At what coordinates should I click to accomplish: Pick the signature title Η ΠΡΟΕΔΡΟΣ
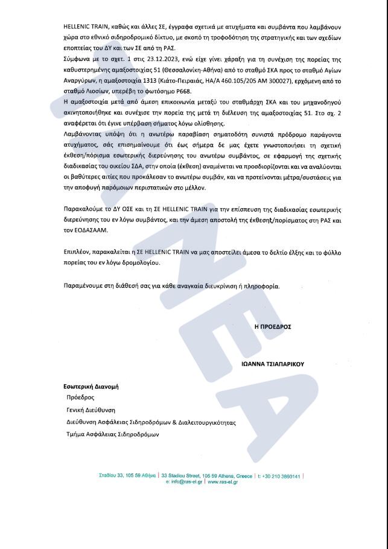coord(273,326)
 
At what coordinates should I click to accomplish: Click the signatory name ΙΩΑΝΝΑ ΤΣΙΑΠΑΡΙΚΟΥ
coord(273,364)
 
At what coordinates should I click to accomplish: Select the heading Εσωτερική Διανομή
coord(91,387)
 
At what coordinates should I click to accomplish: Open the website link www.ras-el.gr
coord(223,482)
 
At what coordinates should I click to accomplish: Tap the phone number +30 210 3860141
coord(282,476)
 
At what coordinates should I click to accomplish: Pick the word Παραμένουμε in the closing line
coord(84,285)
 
